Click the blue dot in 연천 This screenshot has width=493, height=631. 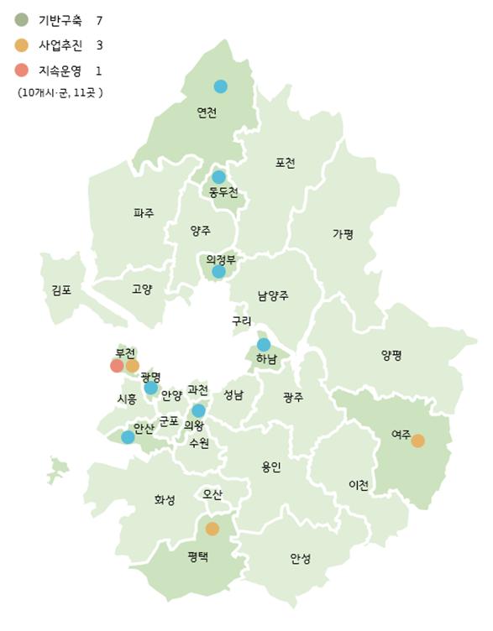pos(220,86)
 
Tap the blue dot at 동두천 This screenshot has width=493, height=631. pos(218,177)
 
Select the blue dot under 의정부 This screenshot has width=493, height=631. pos(218,271)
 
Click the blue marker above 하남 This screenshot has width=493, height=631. pos(264,344)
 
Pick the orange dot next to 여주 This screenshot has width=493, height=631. pos(417,441)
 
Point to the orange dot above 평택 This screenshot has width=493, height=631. pos(212,529)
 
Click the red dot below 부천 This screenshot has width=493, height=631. pos(117,365)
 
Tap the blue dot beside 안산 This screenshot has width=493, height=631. pos(128,436)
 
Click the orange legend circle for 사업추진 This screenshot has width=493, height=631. pos(21,44)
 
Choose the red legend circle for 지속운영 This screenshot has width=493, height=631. pos(21,70)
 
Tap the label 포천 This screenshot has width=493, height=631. pos(285,163)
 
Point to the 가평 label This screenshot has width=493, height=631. pos(343,234)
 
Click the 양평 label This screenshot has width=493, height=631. pos(391,355)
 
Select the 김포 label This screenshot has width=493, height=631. pos(61,290)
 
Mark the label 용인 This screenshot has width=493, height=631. pos(271,467)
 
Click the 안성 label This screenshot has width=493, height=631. pos(300,558)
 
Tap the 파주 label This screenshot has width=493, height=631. pos(144,213)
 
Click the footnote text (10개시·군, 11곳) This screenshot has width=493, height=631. pos(60,92)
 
